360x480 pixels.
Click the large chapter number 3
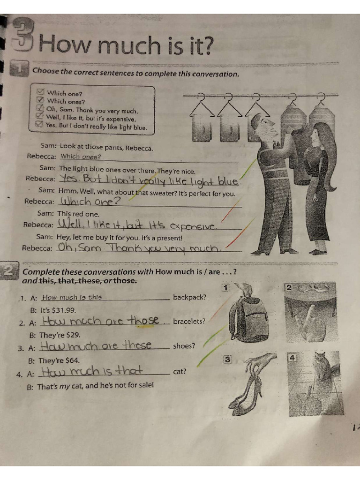22,36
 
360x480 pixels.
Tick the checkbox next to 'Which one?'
40,92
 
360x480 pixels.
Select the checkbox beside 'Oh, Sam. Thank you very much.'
40,109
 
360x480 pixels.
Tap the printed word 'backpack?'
189,297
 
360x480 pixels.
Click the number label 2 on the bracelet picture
289,287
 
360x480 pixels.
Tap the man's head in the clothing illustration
263,126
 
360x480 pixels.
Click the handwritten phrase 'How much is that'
92,372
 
